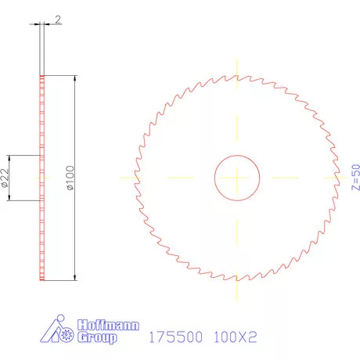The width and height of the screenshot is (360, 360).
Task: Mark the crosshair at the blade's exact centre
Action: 237,177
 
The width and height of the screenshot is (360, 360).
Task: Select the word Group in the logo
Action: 97,338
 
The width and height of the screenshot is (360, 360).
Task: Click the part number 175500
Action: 175,337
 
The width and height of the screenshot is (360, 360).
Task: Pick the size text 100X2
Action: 237,337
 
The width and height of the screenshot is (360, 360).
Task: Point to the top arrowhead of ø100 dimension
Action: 75,78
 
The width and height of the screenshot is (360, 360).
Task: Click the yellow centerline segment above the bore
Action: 237,125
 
